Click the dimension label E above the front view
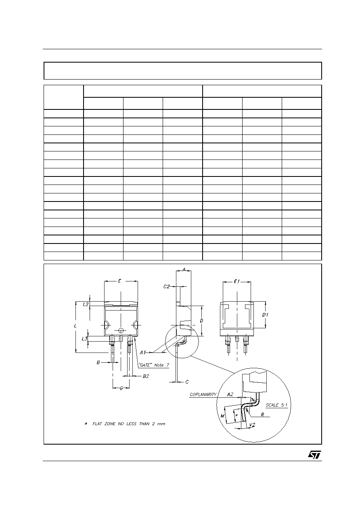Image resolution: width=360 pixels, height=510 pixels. tap(119, 281)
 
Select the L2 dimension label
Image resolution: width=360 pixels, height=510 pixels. tap(86, 304)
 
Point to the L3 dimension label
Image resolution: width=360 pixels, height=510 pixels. tap(84, 338)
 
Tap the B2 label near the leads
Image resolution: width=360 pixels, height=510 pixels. tap(146, 376)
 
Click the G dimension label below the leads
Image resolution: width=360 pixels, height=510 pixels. tap(121, 388)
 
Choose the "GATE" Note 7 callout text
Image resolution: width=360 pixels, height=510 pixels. tap(154, 365)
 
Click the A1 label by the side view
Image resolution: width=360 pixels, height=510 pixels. tap(142, 353)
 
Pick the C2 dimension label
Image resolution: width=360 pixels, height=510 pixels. tap(167, 287)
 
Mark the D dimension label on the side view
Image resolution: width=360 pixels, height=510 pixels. tap(201, 321)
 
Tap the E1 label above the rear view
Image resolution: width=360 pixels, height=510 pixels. tap(237, 281)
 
